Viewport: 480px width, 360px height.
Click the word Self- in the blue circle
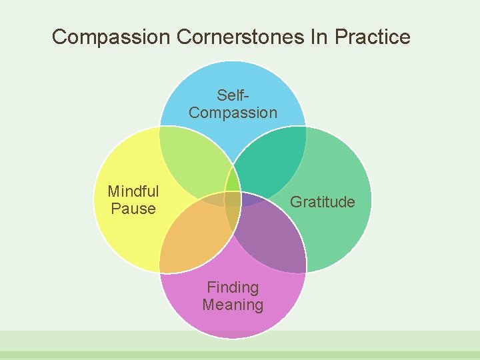pos(233,96)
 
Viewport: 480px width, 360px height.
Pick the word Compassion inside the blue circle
pos(233,113)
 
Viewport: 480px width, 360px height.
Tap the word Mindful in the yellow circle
pos(133,192)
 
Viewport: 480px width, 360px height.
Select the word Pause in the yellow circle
pos(133,209)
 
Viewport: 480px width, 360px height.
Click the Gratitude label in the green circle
pos(323,202)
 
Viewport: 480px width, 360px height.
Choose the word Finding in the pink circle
pos(233,287)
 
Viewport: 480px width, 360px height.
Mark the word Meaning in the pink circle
pos(233,305)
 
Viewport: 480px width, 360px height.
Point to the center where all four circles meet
pos(233,200)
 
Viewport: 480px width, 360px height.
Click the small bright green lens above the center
pos(233,180)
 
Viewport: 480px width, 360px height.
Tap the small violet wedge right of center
pos(251,199)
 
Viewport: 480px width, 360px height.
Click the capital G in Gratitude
pos(295,202)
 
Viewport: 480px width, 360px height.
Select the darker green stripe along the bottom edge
pos(240,356)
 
